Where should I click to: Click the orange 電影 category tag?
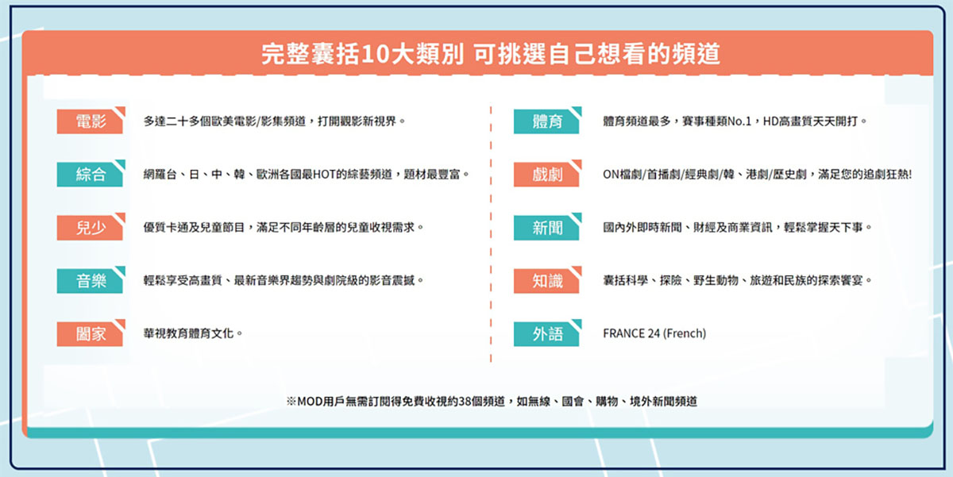coord(91,121)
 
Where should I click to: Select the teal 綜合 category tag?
coord(91,175)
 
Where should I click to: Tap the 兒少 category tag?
coord(91,228)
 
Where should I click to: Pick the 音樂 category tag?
coord(91,281)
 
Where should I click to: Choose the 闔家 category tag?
coord(91,333)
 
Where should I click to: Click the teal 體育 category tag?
coord(546,121)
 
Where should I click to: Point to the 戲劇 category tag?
coord(546,175)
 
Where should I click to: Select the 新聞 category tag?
coord(546,228)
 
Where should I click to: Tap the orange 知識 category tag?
coord(546,281)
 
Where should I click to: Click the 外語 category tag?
coord(546,333)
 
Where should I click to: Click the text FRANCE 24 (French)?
coord(654,333)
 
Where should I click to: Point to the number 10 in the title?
coord(374,54)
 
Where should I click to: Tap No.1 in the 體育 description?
coord(739,121)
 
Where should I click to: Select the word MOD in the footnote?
coord(310,402)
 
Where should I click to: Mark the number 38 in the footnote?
coord(465,402)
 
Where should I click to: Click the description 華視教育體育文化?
coord(188,333)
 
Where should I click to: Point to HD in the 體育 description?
coord(770,121)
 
